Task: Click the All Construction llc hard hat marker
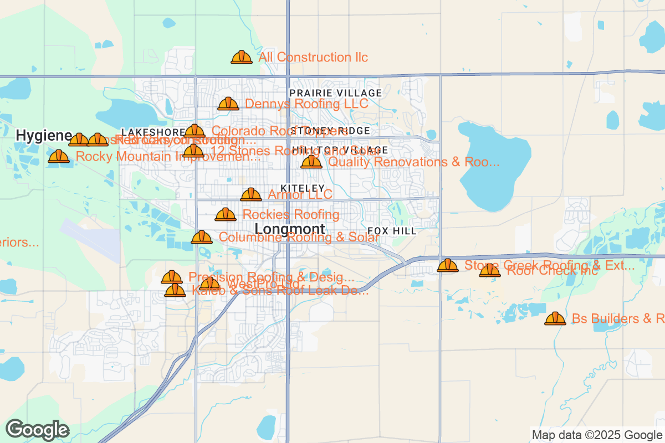point(242,57)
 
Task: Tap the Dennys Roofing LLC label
point(306,104)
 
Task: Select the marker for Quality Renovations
point(311,162)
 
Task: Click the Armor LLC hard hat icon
point(251,194)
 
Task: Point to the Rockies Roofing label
point(291,214)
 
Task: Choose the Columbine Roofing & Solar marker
point(202,237)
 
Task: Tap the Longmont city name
point(290,229)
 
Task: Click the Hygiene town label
point(44,135)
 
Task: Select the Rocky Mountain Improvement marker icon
point(59,156)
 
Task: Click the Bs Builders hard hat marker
point(555,318)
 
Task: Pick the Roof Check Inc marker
point(489,270)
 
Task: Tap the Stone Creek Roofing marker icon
point(448,265)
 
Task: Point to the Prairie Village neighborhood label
point(335,92)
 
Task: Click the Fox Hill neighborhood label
point(392,231)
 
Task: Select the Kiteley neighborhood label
point(302,188)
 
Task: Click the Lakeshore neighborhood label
point(153,132)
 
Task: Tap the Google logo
point(38,430)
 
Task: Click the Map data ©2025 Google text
point(597,435)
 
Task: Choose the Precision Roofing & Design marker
point(172,277)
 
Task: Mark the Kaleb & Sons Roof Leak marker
point(175,290)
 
